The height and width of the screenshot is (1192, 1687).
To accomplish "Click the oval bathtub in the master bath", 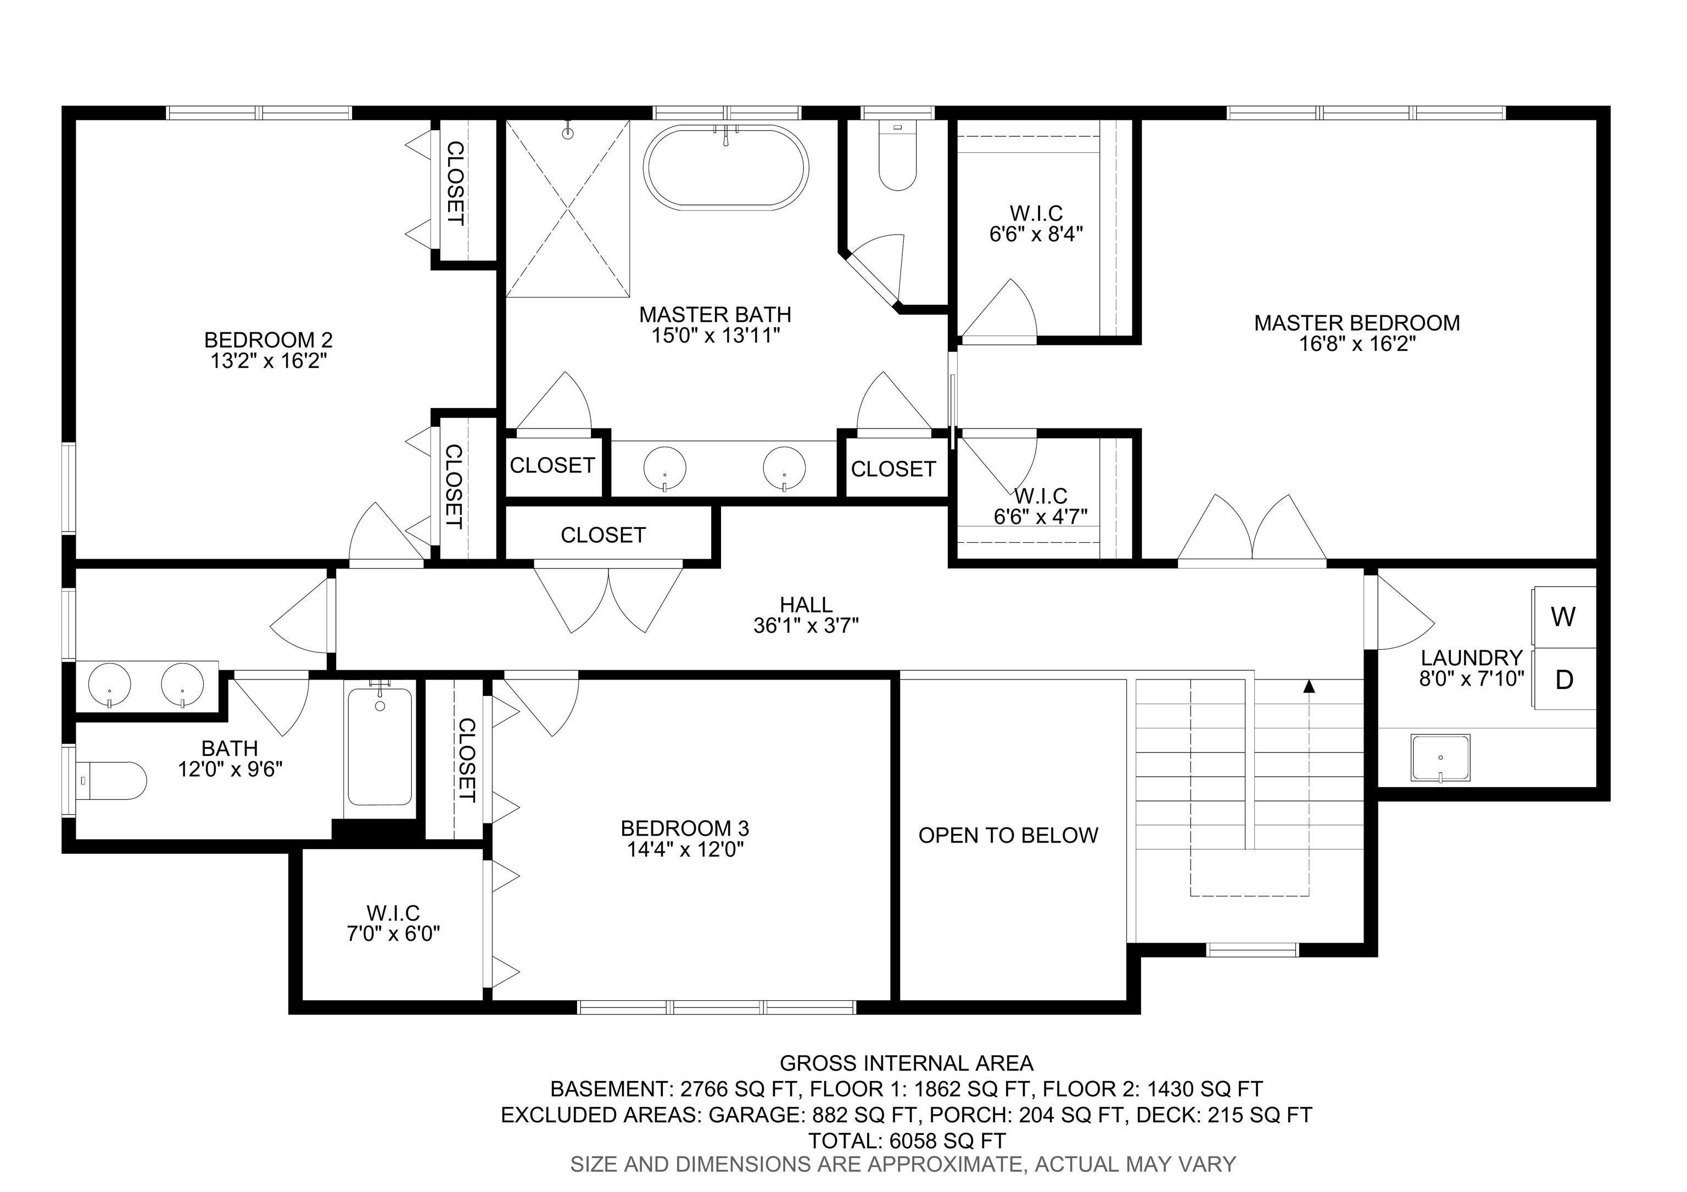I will point(726,168).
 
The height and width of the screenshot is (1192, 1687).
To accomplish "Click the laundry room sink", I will point(1440,757).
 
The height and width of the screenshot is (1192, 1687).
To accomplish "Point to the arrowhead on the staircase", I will point(1309,687).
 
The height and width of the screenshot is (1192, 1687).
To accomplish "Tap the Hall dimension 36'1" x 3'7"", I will point(806,626).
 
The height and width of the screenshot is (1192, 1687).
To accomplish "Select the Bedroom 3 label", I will point(684,829).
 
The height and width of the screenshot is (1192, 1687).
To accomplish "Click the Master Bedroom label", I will point(1356,322).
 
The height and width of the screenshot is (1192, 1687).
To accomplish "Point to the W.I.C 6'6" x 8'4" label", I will point(1036,224).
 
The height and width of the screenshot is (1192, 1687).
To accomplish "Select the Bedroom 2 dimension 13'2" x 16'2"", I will point(268,361).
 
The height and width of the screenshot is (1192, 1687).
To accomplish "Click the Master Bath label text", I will point(715,315).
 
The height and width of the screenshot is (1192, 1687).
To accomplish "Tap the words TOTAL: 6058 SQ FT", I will point(906,1140).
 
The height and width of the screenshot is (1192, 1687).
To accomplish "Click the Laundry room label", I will point(1471,658).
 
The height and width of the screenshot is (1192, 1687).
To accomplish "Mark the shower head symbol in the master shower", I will point(567,133).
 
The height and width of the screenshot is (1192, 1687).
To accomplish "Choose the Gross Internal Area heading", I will point(906,1063).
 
